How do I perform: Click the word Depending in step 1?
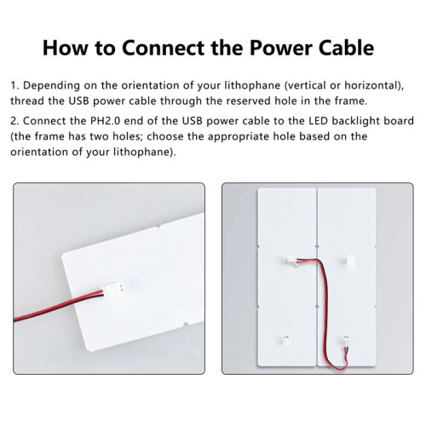(51, 86)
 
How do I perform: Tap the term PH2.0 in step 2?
(105, 121)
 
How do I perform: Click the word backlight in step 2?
(355, 121)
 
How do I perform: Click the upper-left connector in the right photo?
(292, 260)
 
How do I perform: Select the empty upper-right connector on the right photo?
(348, 260)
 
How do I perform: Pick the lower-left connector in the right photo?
(286, 340)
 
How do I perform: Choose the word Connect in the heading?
(163, 48)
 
